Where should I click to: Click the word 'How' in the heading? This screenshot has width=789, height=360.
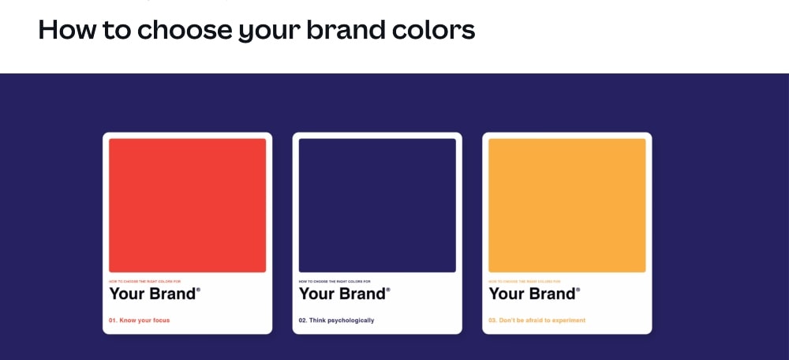point(64,30)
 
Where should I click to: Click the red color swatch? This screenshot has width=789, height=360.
point(187,205)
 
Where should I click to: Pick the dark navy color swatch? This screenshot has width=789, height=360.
point(377,205)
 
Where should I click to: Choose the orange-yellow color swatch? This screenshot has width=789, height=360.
point(567,205)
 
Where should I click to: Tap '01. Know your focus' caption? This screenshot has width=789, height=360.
point(140,321)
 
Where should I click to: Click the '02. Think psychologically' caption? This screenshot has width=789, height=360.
point(337,321)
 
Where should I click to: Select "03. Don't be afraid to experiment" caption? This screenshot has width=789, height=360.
point(537,321)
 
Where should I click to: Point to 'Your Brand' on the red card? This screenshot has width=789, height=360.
point(152,294)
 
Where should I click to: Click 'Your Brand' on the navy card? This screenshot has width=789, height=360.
point(342,294)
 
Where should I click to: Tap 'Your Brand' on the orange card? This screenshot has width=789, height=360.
point(533,294)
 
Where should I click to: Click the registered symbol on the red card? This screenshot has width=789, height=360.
point(198,290)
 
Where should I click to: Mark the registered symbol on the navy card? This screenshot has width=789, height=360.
point(388,290)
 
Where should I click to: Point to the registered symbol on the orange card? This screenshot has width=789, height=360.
point(578,290)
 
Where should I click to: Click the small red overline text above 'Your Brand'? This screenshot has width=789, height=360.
point(144,281)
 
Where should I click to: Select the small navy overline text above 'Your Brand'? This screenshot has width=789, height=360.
point(335,281)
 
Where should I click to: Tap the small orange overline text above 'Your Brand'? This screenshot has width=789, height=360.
point(525,281)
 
